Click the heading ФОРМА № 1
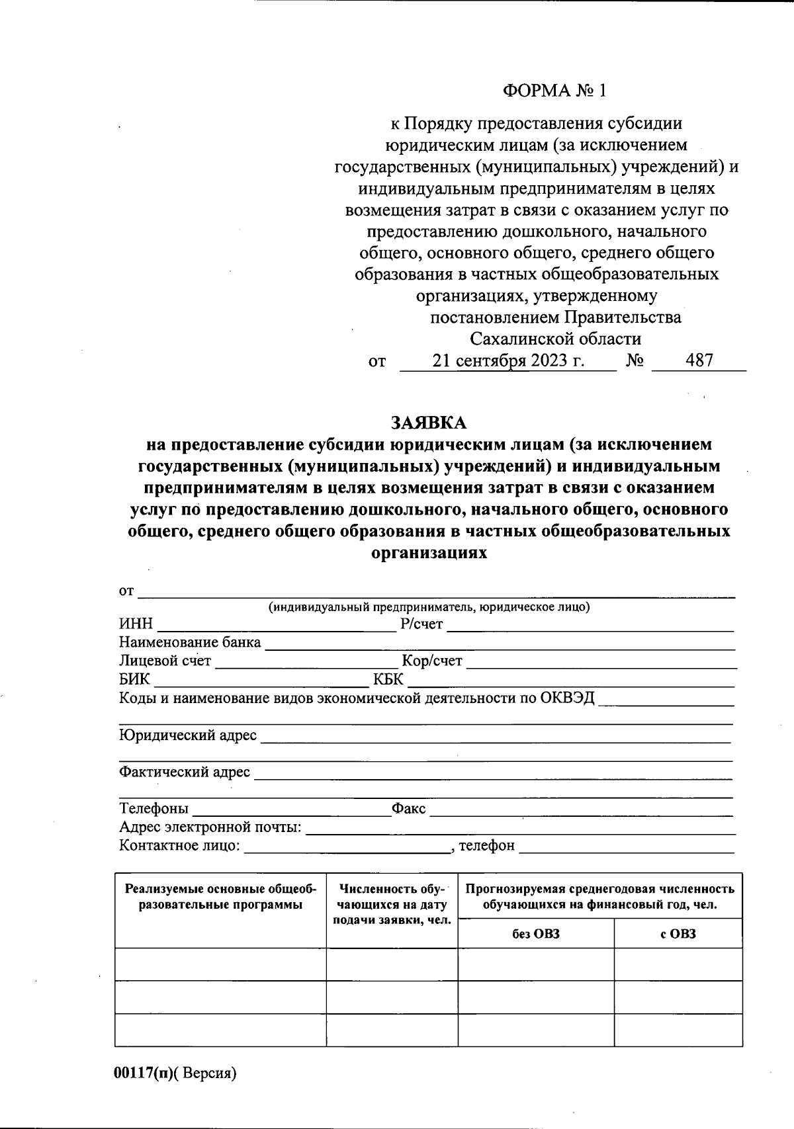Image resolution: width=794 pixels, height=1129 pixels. point(554,91)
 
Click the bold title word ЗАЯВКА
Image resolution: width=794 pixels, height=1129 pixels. point(429,423)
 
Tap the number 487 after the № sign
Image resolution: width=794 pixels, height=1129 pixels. point(699,361)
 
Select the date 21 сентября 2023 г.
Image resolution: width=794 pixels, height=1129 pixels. point(508,361)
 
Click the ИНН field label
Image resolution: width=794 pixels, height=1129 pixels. point(136,624)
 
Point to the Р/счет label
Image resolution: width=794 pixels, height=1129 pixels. point(421,624)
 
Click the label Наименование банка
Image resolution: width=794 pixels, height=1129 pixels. point(190,642)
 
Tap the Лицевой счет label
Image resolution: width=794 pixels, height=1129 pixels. point(165,660)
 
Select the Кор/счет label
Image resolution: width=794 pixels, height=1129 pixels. point(432,660)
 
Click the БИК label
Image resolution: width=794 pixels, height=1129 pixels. point(134,679)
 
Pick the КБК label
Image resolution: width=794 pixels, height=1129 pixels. point(388,679)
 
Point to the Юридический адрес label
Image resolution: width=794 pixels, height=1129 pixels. point(188,735)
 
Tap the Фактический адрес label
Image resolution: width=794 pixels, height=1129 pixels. point(185,772)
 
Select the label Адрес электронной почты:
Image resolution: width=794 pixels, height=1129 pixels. point(210,827)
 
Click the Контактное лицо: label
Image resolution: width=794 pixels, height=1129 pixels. point(179,845)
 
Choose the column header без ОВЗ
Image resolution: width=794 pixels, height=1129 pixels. point(535,934)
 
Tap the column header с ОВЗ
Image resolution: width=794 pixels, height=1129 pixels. point(678,934)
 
